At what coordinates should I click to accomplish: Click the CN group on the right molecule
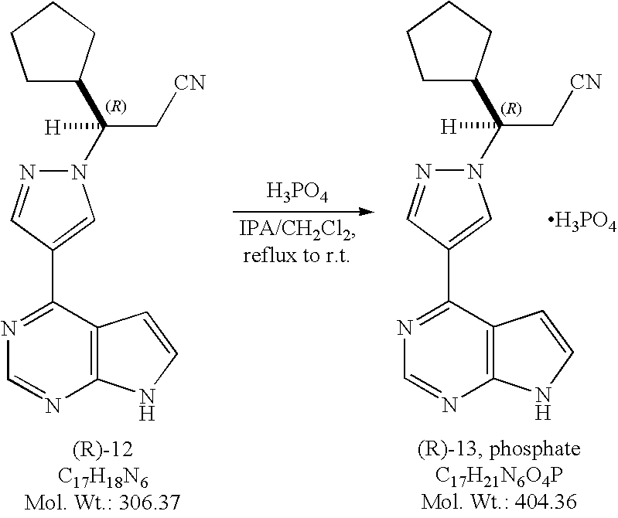click(587, 82)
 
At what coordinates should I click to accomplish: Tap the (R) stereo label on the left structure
click(116, 107)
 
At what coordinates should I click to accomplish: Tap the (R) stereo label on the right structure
click(512, 107)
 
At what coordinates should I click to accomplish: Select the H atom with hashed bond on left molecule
click(53, 128)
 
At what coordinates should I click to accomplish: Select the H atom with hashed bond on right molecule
click(449, 128)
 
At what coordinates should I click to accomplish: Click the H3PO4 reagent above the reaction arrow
click(297, 193)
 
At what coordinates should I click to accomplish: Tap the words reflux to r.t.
click(296, 256)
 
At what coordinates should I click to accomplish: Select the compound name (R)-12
click(103, 449)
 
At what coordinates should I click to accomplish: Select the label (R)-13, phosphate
click(499, 449)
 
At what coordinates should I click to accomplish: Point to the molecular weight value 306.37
click(149, 503)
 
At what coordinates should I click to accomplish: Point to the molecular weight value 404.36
click(546, 503)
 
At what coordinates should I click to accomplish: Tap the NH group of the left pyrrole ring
click(146, 404)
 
